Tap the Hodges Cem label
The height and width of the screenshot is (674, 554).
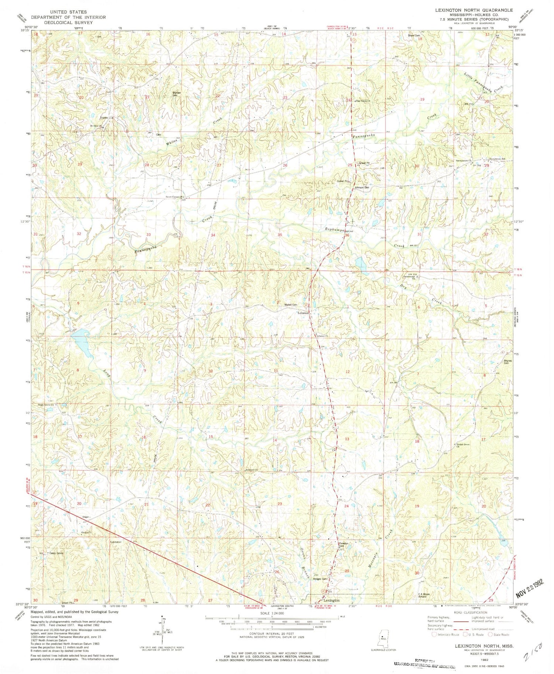point(320,579)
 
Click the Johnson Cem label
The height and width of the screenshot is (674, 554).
point(362,188)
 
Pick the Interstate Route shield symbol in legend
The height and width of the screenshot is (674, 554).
point(434,634)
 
